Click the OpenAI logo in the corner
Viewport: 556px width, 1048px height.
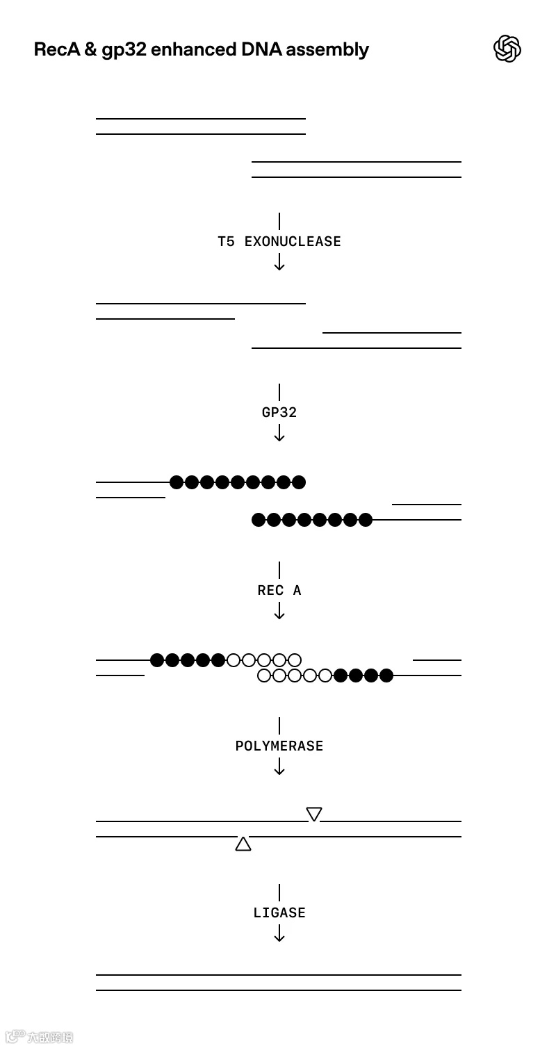507,49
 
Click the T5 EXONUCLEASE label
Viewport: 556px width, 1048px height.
279,242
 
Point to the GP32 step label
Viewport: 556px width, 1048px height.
279,413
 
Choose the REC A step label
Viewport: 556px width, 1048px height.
279,591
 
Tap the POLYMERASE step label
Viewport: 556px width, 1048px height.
279,746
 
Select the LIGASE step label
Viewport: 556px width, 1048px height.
279,913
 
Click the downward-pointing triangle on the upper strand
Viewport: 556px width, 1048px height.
314,813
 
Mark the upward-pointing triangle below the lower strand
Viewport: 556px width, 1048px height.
243,844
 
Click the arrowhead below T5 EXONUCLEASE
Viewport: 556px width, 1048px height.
279,266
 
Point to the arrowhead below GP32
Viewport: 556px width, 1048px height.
279,437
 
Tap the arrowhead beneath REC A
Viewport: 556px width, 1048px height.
279,615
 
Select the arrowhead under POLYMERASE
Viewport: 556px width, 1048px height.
279,771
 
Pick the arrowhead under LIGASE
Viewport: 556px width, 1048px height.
279,938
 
